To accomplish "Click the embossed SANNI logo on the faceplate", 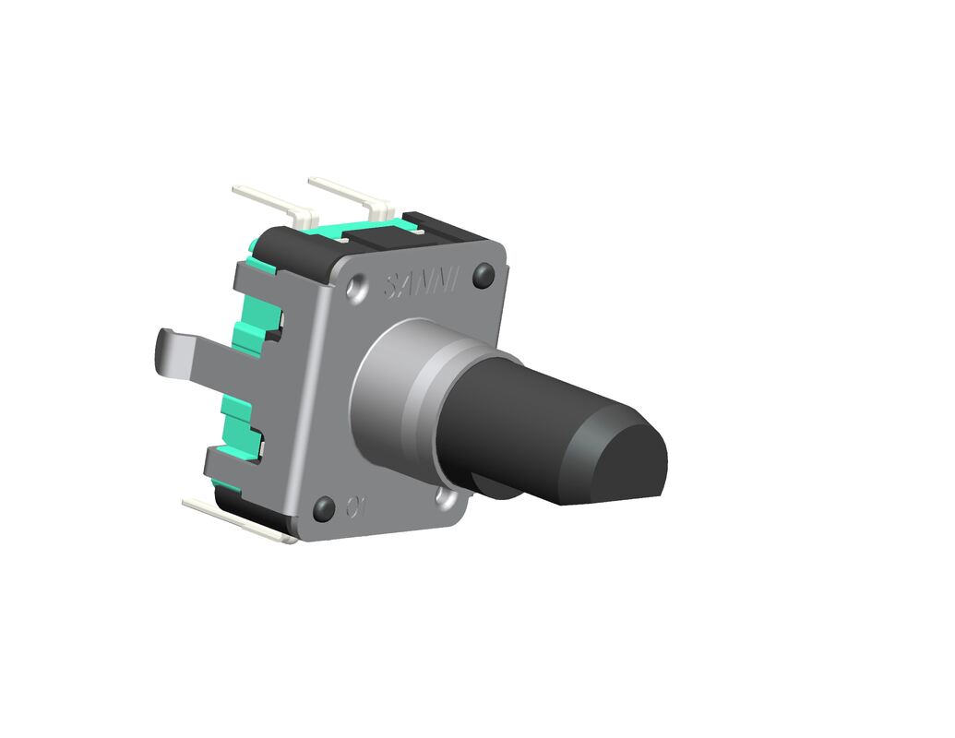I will (x=420, y=284).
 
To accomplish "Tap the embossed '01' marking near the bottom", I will (x=357, y=506).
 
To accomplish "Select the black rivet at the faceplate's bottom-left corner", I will (x=324, y=508).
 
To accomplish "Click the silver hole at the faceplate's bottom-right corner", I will (x=448, y=499).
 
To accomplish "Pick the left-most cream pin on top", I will (x=272, y=202).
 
